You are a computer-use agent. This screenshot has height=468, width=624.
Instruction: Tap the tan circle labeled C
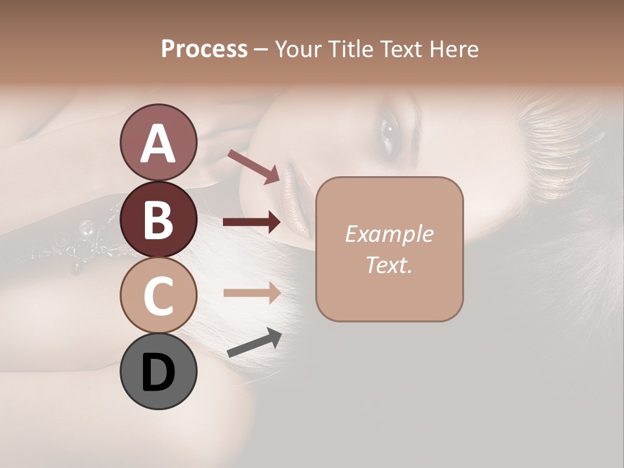coord(158,295)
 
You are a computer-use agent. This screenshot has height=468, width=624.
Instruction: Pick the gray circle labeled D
coord(158,371)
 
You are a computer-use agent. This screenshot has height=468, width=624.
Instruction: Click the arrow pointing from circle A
coord(254,166)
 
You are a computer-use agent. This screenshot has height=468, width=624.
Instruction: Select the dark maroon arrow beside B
coord(252,222)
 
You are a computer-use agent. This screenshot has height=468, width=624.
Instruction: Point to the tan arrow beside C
coord(252,292)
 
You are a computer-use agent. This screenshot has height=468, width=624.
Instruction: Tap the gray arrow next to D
coord(255,343)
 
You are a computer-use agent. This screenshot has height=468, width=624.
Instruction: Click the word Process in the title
coord(204,49)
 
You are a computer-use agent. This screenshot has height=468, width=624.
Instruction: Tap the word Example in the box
coord(389,234)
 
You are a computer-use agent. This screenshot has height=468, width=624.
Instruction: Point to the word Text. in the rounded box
coord(389,265)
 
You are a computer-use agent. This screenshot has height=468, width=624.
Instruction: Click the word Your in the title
coord(297,49)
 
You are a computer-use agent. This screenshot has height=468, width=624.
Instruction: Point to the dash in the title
coord(261,49)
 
